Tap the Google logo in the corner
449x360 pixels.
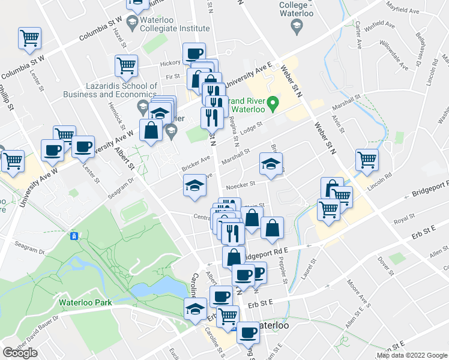pos(20,353)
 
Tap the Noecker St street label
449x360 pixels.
pos(244,184)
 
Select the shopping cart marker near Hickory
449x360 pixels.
pos(126,66)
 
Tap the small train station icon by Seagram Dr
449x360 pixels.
pos(74,236)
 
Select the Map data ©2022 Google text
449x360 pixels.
pos(412,355)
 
